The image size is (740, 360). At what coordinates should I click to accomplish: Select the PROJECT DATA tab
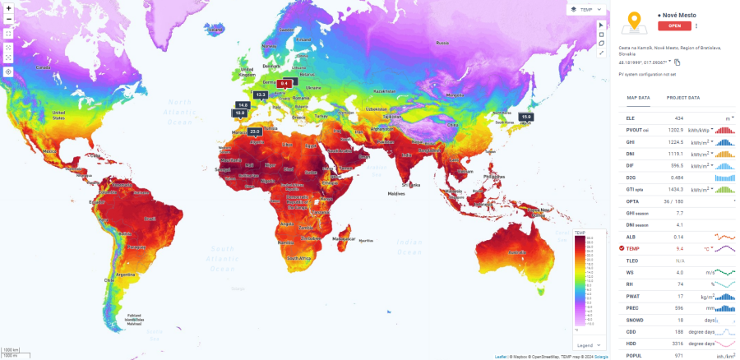(x=682, y=98)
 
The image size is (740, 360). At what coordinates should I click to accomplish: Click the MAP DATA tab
(x=638, y=98)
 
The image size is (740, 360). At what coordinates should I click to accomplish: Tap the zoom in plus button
(x=8, y=7)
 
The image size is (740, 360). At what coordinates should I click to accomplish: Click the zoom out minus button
(x=8, y=19)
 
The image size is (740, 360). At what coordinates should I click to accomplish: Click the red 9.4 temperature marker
(x=284, y=83)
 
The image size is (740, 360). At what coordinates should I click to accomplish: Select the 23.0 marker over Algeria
(x=255, y=132)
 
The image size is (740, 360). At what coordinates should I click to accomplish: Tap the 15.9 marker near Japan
(x=525, y=118)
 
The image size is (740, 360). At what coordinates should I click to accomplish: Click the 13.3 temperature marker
(x=261, y=95)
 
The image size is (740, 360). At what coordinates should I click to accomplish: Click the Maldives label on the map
(x=396, y=193)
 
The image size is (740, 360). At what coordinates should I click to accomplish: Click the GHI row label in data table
(x=630, y=141)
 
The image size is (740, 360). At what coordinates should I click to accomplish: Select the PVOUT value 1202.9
(x=675, y=130)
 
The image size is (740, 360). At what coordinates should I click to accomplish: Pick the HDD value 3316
(x=677, y=343)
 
